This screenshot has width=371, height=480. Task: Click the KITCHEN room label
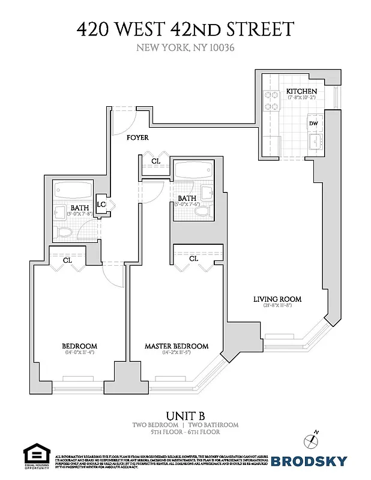point(301,91)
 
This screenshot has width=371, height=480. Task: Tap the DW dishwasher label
point(313,124)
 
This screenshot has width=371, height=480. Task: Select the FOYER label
point(137,138)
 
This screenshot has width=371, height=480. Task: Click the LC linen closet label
point(101,205)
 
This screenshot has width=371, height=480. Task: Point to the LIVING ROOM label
point(277,299)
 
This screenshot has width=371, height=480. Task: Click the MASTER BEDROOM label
point(176,346)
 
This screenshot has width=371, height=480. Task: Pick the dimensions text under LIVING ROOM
point(277,306)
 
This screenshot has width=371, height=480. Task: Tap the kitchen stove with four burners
point(272,100)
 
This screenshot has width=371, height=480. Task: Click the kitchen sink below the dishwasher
point(314,142)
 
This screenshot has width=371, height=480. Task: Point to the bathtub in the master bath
point(189,170)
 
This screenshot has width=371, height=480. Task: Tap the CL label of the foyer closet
point(155,161)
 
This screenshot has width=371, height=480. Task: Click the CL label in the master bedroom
point(193,259)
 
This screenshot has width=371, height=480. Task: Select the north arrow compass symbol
point(313,439)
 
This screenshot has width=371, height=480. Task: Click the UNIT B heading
point(185,415)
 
